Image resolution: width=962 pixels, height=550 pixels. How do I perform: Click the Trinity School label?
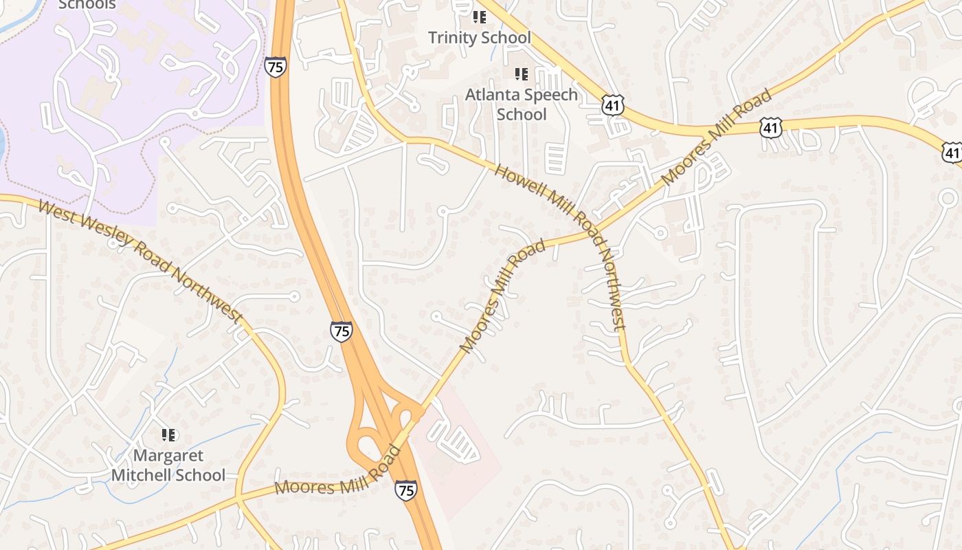(x=480, y=37)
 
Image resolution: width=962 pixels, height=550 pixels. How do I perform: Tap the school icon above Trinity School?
(x=480, y=16)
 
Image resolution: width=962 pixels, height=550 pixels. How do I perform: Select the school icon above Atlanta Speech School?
(x=522, y=74)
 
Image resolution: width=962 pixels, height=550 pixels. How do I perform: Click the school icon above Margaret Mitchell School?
(x=168, y=434)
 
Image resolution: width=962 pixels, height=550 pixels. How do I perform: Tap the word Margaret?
(x=168, y=455)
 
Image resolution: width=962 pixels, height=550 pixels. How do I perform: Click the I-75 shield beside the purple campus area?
(x=275, y=67)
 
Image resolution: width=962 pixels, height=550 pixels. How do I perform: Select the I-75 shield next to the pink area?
(x=405, y=489)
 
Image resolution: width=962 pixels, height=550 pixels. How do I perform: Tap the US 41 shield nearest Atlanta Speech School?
(x=612, y=104)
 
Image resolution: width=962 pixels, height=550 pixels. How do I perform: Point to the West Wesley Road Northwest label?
(x=141, y=261)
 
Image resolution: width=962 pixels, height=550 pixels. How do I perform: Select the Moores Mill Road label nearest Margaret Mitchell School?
(x=337, y=472)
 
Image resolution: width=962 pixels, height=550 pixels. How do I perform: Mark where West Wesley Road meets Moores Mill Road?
(x=238, y=498)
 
